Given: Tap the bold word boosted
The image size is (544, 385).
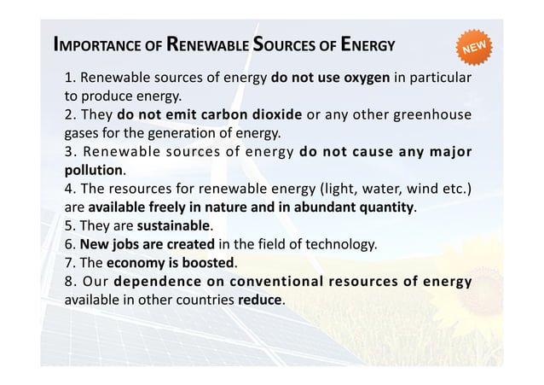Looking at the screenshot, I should [209, 262].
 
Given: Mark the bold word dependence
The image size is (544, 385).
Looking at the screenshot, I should [157, 282].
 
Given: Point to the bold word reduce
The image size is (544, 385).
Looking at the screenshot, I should [260, 300].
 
